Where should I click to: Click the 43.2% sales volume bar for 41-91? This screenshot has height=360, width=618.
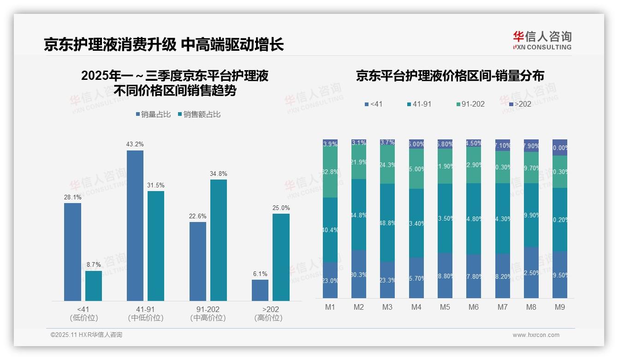(135, 226)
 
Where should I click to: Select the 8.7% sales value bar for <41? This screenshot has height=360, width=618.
(94, 286)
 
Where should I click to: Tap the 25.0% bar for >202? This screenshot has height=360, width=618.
(281, 257)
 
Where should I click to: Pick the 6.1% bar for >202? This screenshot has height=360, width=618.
(260, 290)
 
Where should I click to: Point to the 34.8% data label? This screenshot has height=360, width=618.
(218, 174)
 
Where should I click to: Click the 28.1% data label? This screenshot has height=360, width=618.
(72, 197)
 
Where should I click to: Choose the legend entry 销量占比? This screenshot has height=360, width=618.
(154, 114)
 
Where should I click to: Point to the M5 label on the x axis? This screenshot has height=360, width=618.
(445, 307)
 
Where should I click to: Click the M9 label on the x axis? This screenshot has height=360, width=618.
(559, 307)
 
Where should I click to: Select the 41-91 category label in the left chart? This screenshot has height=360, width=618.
(145, 309)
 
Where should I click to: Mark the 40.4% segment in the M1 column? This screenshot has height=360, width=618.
(330, 230)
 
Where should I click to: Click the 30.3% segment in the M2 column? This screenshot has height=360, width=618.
(359, 274)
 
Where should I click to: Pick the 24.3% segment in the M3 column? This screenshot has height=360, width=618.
(387, 165)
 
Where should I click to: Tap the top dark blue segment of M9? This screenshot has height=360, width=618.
(560, 147)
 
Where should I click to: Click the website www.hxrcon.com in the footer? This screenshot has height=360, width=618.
(536, 335)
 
